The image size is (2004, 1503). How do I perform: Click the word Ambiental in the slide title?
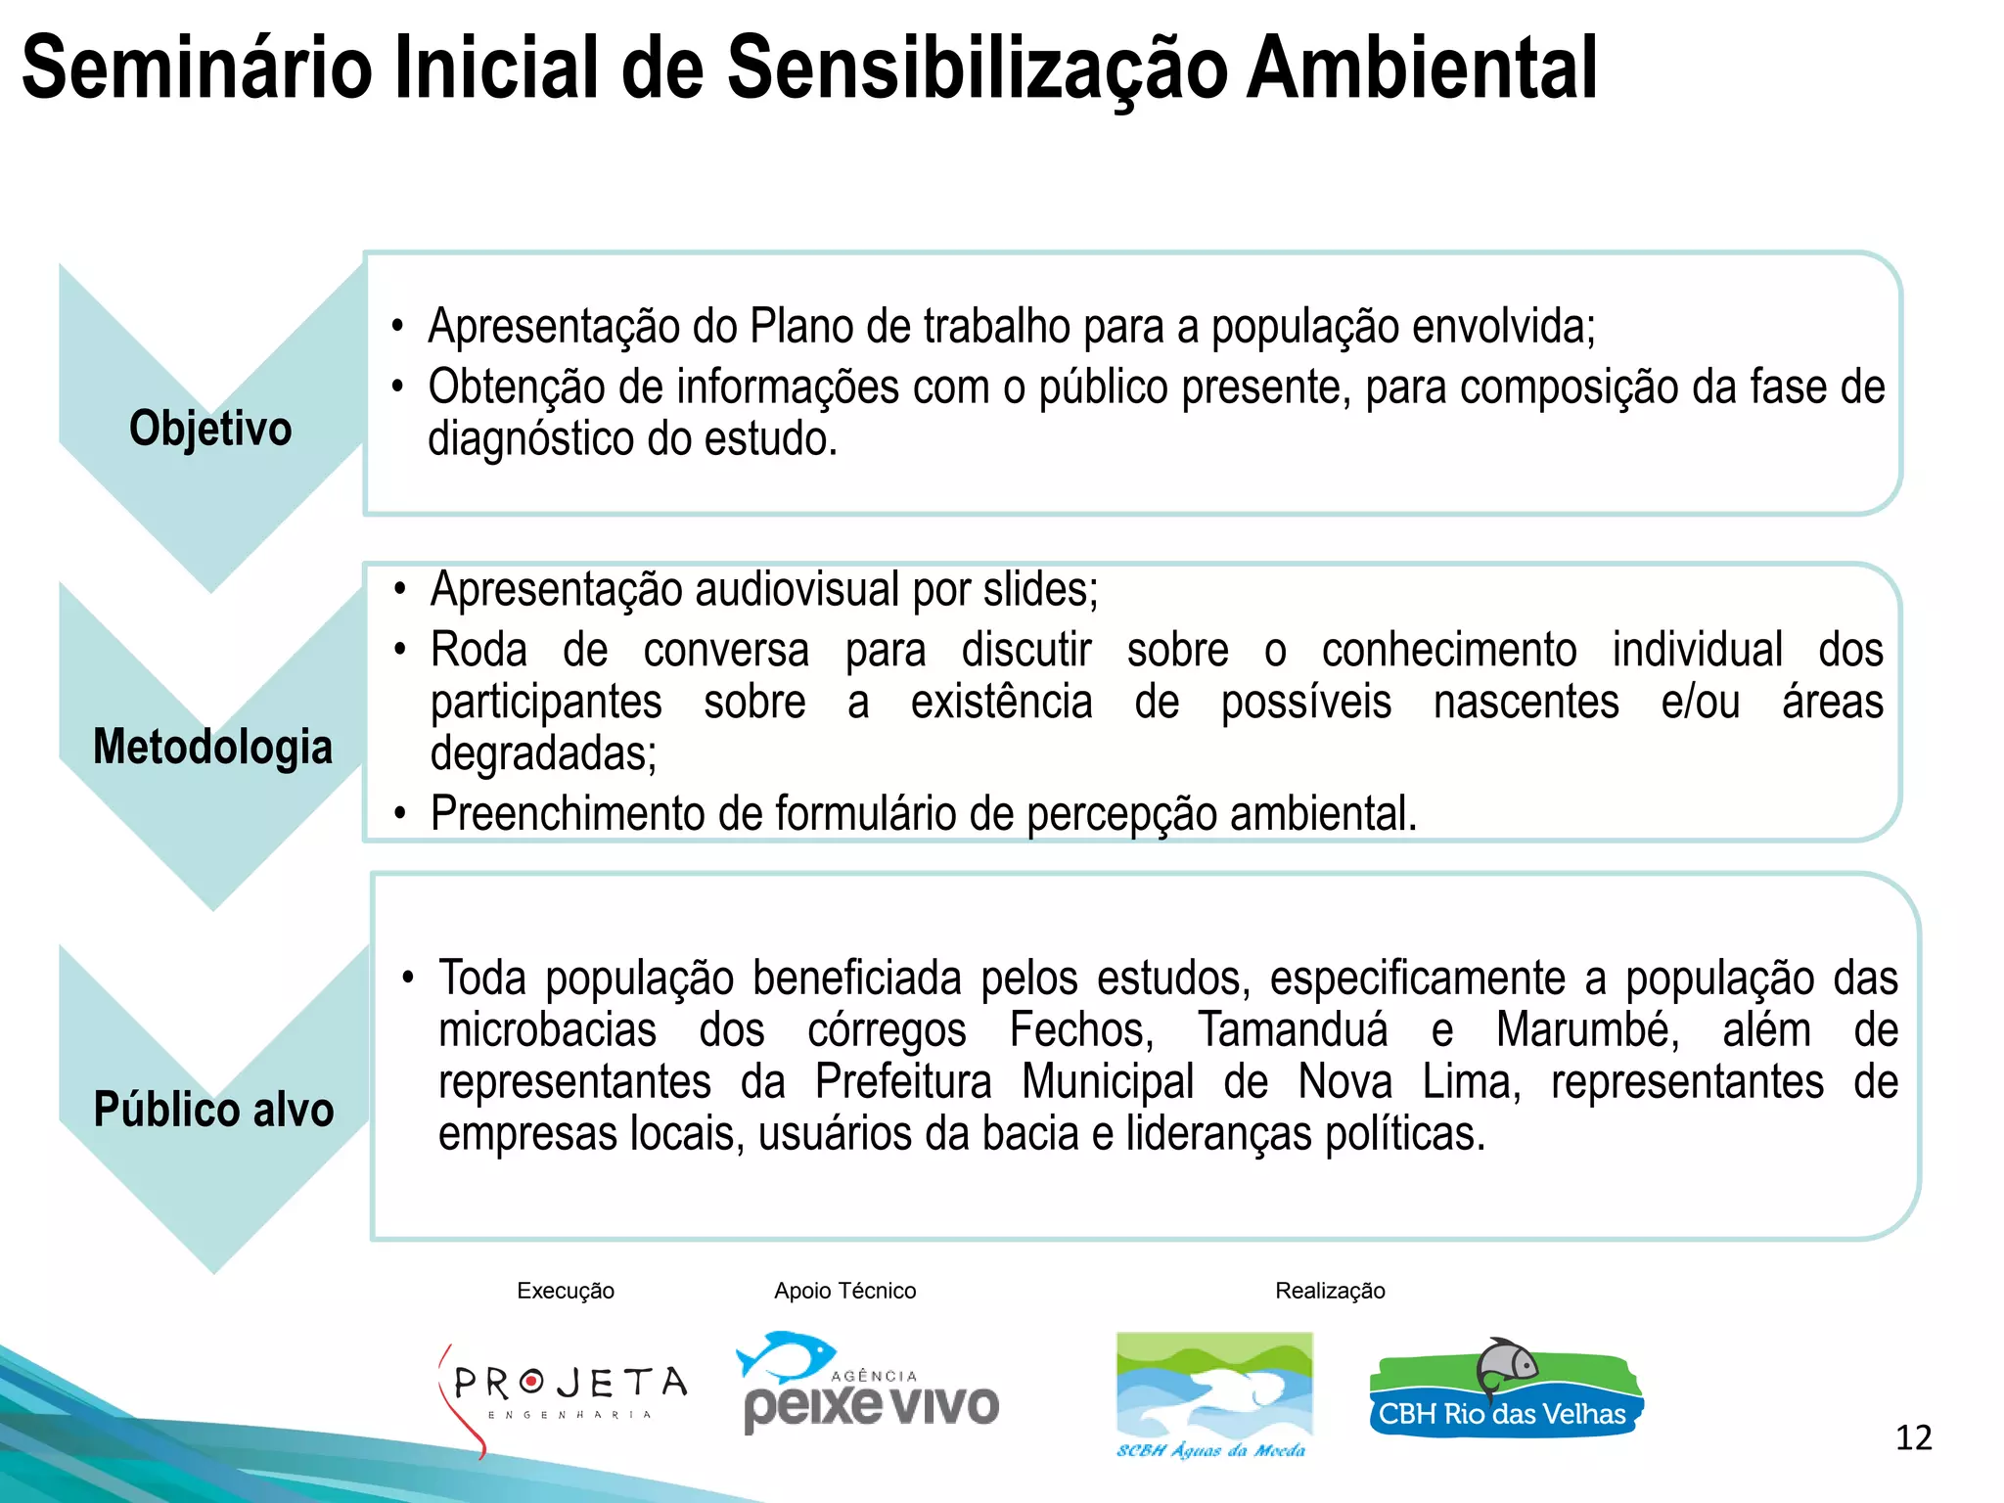click(1421, 68)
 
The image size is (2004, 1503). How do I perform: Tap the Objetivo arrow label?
click(210, 429)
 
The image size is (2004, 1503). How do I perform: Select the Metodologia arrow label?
click(212, 747)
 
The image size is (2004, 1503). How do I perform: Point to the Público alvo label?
click(213, 1110)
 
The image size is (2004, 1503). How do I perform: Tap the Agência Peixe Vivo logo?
click(869, 1384)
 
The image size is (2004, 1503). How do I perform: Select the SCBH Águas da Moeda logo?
click(1213, 1394)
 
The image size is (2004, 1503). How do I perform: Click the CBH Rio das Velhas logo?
click(1505, 1389)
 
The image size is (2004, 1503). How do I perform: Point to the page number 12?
click(1913, 1437)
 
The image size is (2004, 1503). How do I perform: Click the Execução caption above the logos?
click(566, 1291)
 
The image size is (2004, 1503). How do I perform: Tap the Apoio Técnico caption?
click(844, 1291)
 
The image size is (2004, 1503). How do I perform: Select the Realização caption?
click(1330, 1291)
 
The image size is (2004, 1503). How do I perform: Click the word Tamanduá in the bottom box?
click(1293, 1030)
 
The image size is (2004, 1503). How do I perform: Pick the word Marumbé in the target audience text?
click(1587, 1030)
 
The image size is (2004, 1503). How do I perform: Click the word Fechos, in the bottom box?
click(1081, 1030)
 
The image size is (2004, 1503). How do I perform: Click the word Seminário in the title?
click(197, 68)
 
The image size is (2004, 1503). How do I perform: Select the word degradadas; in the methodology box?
click(543, 753)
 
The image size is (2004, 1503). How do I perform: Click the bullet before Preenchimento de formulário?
click(399, 813)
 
